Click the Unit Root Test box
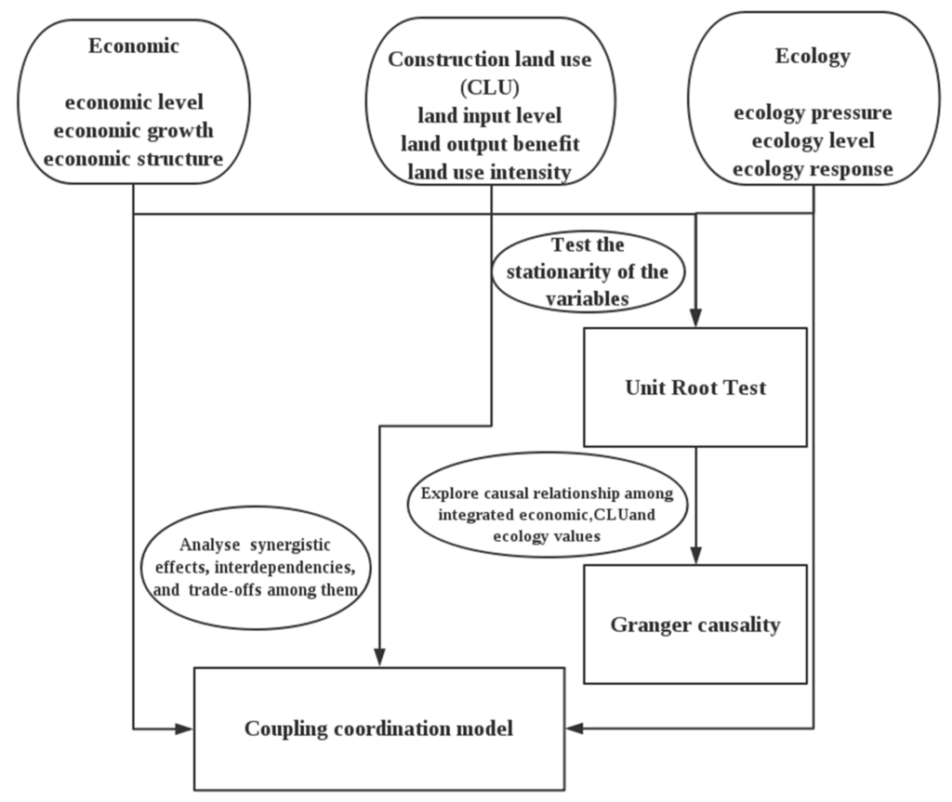coord(695,387)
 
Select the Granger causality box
coord(695,625)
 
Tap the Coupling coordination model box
coord(378,729)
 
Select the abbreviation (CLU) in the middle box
coord(489,88)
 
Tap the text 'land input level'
coord(489,116)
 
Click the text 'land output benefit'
coord(489,144)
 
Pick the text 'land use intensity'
coord(489,172)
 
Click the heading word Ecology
coord(813,56)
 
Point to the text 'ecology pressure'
coord(813,113)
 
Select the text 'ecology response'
coord(813,170)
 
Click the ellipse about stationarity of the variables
coord(588,271)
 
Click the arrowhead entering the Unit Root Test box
coord(695,319)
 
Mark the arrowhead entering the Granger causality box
coord(695,557)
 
